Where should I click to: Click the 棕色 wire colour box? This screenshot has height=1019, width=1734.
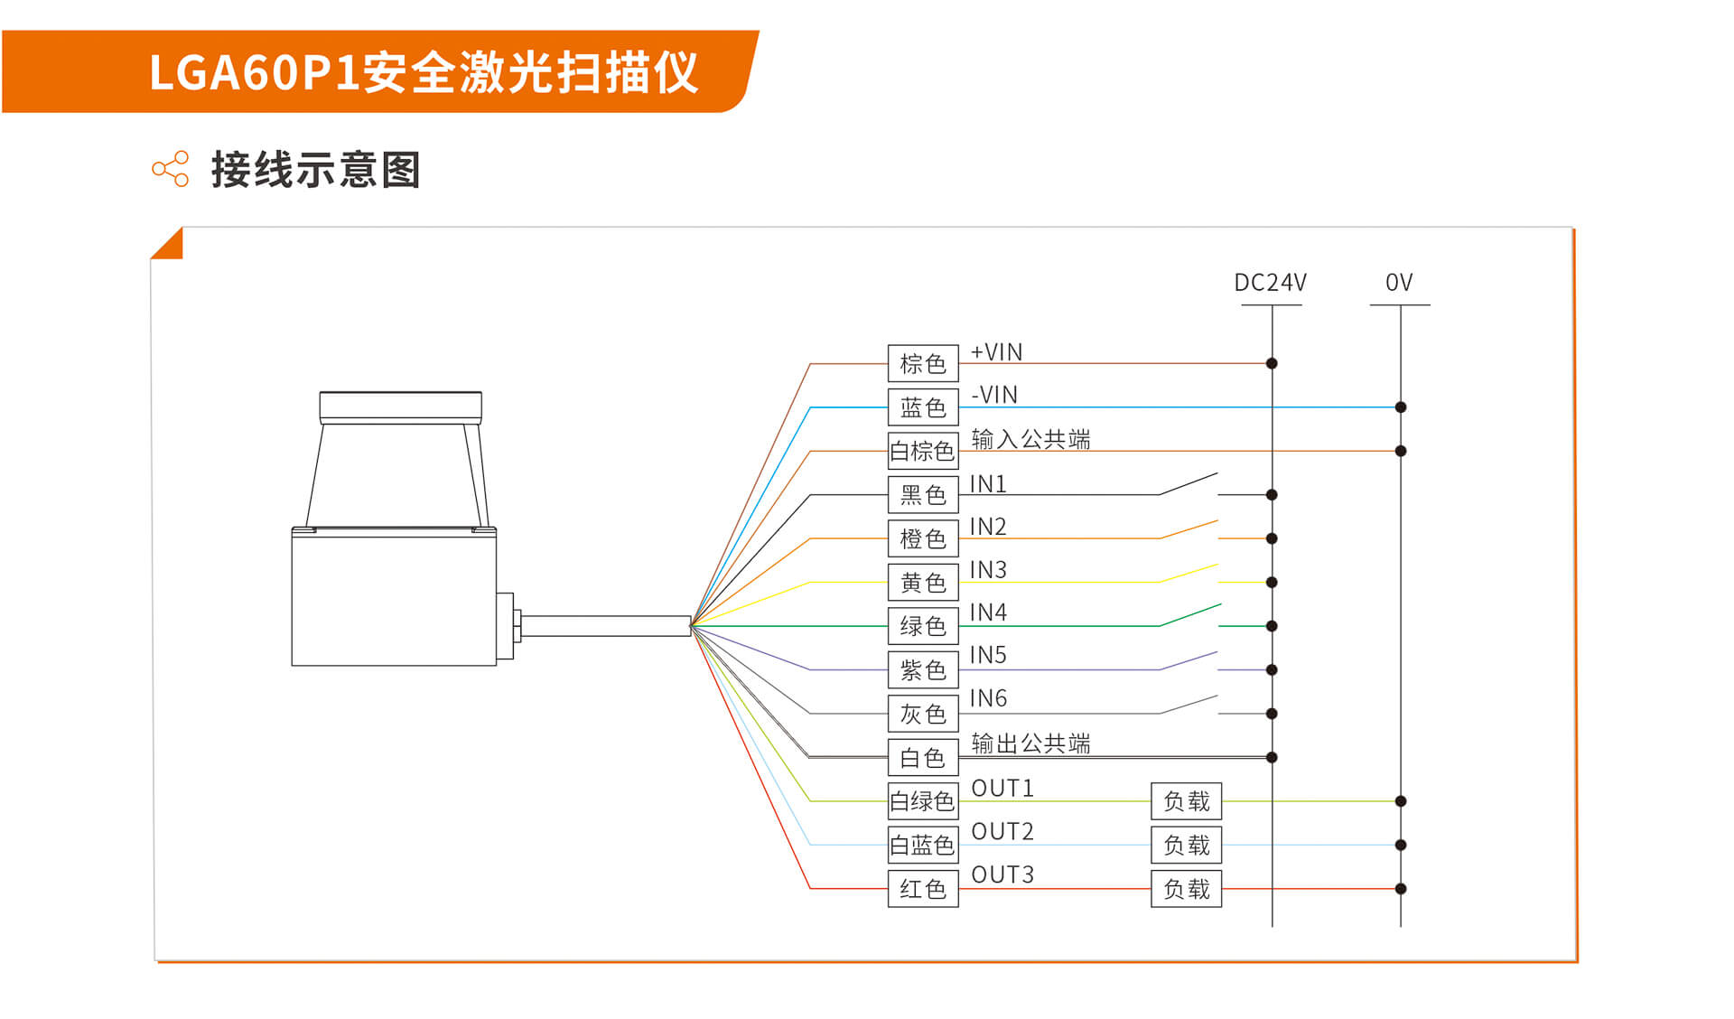pyautogui.click(x=922, y=363)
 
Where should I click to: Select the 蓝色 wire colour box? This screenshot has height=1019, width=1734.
pyautogui.click(x=922, y=407)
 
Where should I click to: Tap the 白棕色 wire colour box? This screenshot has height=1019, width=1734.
pyautogui.click(x=922, y=451)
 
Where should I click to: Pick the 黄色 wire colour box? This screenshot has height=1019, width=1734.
pyautogui.click(x=922, y=583)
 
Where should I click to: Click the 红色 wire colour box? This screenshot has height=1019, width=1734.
pyautogui.click(x=922, y=889)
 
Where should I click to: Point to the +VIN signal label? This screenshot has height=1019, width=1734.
pyautogui.click(x=996, y=352)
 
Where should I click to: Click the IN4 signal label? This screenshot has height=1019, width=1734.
pyautogui.click(x=987, y=612)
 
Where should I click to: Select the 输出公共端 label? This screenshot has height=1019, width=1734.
pyautogui.click(x=1030, y=743)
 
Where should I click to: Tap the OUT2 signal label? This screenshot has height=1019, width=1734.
pyautogui.click(x=1002, y=831)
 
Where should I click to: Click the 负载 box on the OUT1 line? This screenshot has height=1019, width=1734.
pyautogui.click(x=1186, y=801)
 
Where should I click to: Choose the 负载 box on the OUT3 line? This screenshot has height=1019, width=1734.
pyautogui.click(x=1186, y=889)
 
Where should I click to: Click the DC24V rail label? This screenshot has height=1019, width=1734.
pyautogui.click(x=1270, y=283)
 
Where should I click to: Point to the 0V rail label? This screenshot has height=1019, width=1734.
pyautogui.click(x=1399, y=283)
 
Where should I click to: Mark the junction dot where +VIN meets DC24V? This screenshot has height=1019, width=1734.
pyautogui.click(x=1272, y=363)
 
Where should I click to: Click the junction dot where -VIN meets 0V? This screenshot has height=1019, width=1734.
pyautogui.click(x=1401, y=407)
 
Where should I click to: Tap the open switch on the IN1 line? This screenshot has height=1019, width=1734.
pyautogui.click(x=1189, y=484)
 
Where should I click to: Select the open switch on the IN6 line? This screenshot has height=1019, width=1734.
pyautogui.click(x=1189, y=705)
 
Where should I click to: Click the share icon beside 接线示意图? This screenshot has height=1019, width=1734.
pyautogui.click(x=171, y=169)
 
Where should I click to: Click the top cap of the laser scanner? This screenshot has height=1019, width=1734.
pyautogui.click(x=400, y=406)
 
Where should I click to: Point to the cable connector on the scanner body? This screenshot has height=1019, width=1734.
pyautogui.click(x=507, y=625)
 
